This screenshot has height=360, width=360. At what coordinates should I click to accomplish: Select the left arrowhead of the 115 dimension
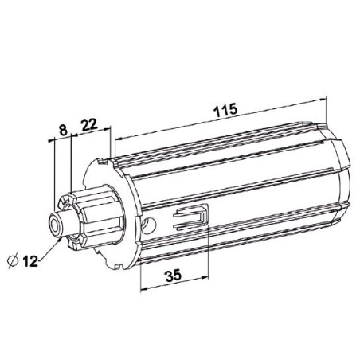tap(118, 137)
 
